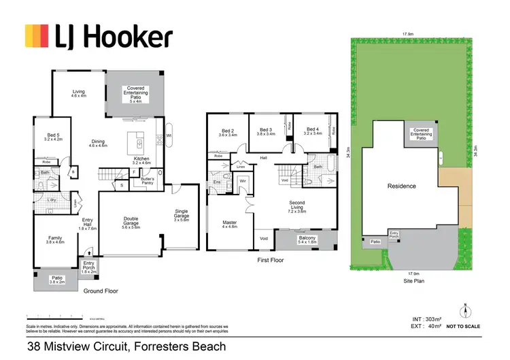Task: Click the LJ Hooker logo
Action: pyautogui.click(x=98, y=37)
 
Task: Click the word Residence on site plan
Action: pyautogui.click(x=401, y=186)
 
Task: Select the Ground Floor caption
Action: pyautogui.click(x=101, y=291)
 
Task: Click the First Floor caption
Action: pyautogui.click(x=271, y=260)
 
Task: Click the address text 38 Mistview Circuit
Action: pyautogui.click(x=126, y=347)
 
